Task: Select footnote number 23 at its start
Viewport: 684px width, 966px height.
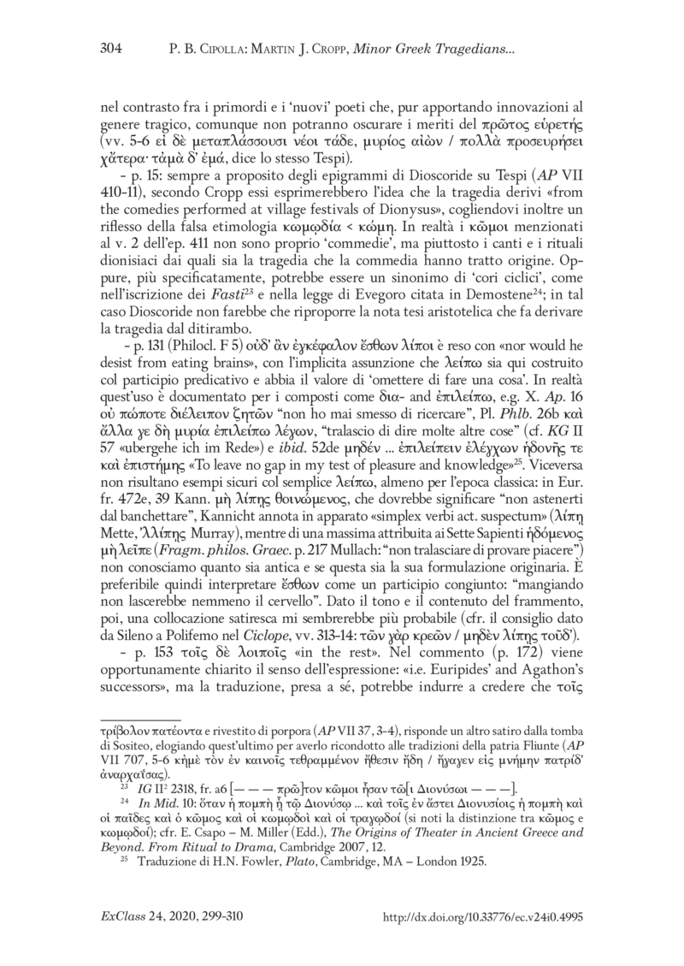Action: coord(123,787)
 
